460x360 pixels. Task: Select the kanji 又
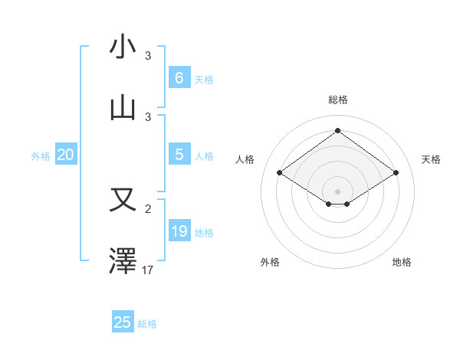click(x=123, y=200)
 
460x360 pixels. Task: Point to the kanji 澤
click(x=123, y=260)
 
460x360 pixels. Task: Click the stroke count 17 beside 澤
click(x=148, y=270)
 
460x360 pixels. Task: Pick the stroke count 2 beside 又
click(x=148, y=208)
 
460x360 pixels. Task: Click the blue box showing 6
click(x=179, y=77)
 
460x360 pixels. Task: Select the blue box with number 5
click(x=179, y=155)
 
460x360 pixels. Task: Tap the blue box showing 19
click(x=179, y=231)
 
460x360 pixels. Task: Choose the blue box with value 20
click(x=65, y=155)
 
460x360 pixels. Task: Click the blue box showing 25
click(x=123, y=322)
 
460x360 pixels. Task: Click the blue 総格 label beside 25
click(x=147, y=324)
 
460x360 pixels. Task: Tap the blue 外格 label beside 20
click(x=41, y=156)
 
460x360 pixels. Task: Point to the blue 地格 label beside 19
click(x=204, y=233)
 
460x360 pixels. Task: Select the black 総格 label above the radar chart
click(x=337, y=100)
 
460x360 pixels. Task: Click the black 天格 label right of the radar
click(x=431, y=159)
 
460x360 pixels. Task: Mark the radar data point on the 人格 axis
click(x=280, y=173)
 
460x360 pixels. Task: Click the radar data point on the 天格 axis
click(x=396, y=173)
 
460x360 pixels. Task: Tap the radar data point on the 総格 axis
click(x=337, y=130)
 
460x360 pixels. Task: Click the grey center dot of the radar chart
click(x=337, y=191)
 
